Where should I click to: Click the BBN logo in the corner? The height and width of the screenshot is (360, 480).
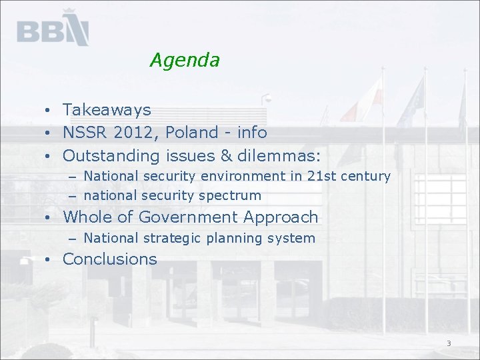pos(53,29)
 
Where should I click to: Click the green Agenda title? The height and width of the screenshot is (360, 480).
pos(185,60)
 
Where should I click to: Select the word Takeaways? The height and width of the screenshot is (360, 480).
pos(107,109)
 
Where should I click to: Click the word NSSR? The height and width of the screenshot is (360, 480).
pos(85,133)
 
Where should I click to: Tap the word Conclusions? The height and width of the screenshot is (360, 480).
pos(110,259)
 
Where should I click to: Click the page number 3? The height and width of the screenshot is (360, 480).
pos(449,343)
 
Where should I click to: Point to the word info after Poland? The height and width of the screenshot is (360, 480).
pos(252,133)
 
